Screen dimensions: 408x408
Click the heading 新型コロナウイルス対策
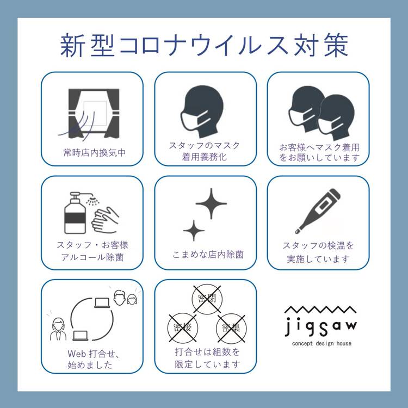[204, 45]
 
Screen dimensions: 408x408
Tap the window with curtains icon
[94, 114]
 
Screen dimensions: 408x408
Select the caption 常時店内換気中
[95, 153]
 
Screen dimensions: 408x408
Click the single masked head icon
[202, 112]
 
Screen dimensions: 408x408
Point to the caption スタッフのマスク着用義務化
[205, 151]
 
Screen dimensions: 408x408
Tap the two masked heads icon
[322, 114]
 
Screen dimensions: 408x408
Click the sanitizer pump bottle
[75, 213]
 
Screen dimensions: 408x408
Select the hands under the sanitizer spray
[105, 219]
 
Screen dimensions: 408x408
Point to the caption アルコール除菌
[92, 257]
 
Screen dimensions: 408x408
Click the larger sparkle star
[211, 203]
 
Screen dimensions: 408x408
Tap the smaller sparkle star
[194, 231]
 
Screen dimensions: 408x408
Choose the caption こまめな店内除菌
[208, 255]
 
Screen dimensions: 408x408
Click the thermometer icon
[318, 211]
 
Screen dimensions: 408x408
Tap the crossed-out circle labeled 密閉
[207, 298]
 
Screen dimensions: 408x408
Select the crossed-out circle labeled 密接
[183, 327]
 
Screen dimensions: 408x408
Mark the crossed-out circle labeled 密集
[231, 328]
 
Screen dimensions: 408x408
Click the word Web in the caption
[77, 354]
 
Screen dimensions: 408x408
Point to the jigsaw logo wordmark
[321, 327]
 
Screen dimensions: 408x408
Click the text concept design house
[322, 343]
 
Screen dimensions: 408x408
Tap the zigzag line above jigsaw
[320, 310]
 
